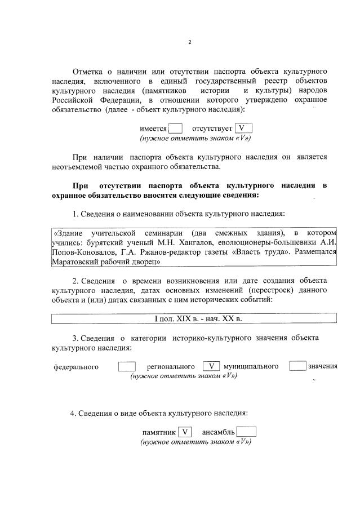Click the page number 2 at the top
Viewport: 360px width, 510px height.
click(x=190, y=42)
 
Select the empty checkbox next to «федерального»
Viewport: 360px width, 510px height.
click(x=127, y=366)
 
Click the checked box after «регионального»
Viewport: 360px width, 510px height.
click(x=211, y=366)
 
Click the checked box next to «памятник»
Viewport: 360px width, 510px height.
click(x=184, y=432)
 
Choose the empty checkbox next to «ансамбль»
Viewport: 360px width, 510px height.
click(x=246, y=432)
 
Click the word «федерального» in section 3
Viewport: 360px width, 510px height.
click(x=76, y=367)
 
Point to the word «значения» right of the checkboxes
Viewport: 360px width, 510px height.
click(x=322, y=366)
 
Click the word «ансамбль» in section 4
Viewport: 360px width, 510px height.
click(x=218, y=433)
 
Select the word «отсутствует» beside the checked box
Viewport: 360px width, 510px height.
click(x=212, y=128)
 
